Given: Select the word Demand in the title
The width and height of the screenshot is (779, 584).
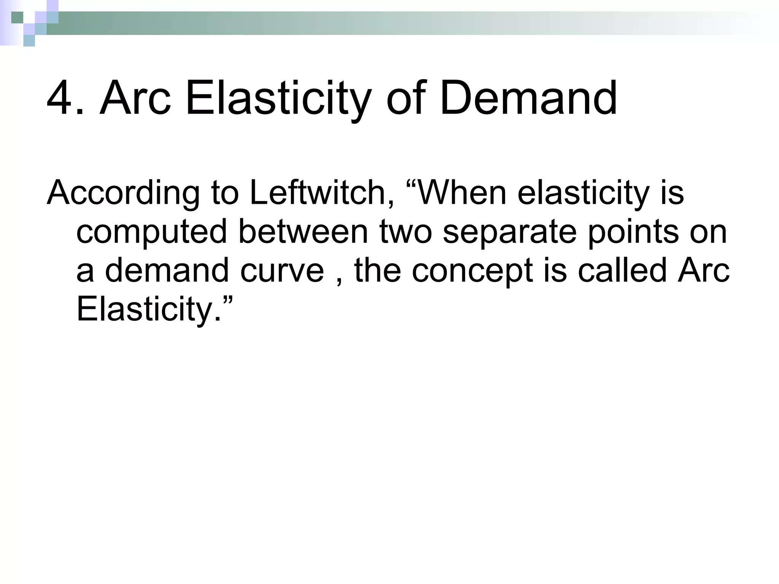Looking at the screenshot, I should (x=528, y=98).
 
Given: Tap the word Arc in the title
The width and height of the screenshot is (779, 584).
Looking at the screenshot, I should (x=135, y=98).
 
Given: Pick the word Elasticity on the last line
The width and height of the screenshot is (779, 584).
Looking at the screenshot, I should (x=144, y=309).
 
